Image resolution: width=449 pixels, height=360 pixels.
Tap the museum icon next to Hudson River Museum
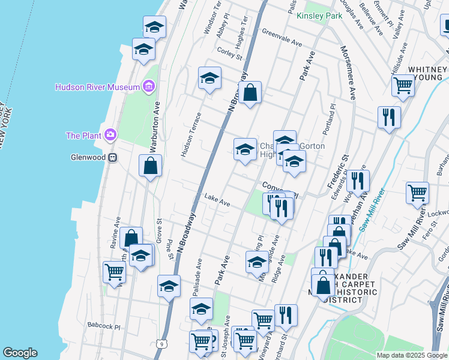coord(148,87)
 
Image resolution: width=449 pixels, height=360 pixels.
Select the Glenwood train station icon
coord(112,158)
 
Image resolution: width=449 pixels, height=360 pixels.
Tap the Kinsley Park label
coord(319,15)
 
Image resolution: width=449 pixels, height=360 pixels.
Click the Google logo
coord(20,353)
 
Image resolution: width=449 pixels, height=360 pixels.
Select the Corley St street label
coord(230,54)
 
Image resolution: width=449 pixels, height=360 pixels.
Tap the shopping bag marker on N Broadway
coord(250,92)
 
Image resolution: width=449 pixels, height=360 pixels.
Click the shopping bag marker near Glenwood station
coord(150,166)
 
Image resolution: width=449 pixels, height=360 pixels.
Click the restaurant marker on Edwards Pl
coord(358,180)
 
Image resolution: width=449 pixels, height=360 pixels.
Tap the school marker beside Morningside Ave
coord(257,262)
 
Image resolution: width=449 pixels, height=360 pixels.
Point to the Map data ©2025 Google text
coord(411,355)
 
